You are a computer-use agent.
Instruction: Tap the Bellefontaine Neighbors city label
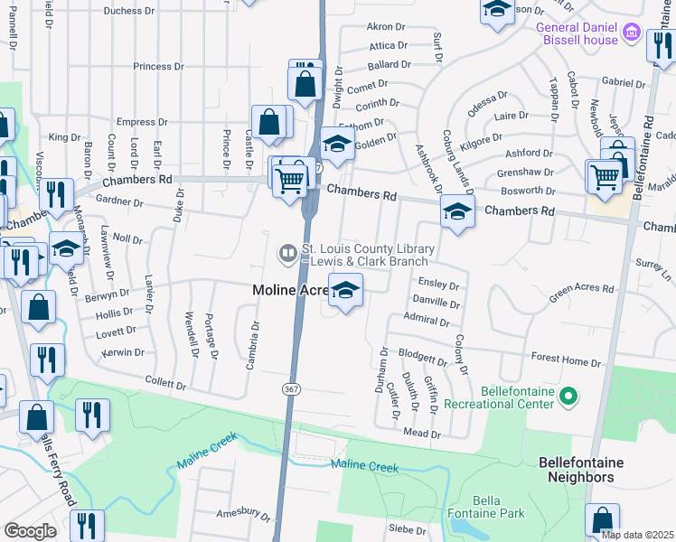pyautogui.click(x=577, y=469)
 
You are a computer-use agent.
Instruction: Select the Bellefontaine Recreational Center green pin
pyautogui.click(x=568, y=395)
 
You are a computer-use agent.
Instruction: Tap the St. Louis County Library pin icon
pyautogui.click(x=288, y=255)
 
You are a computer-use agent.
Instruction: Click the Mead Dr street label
pyautogui.click(x=421, y=435)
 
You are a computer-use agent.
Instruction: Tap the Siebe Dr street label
pyautogui.click(x=407, y=529)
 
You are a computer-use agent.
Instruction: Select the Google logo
pyautogui.click(x=30, y=531)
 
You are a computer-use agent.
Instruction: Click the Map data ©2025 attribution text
pyautogui.click(x=637, y=535)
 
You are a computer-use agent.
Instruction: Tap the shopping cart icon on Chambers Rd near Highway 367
pyautogui.click(x=290, y=180)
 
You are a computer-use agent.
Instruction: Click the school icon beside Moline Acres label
pyautogui.click(x=345, y=291)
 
